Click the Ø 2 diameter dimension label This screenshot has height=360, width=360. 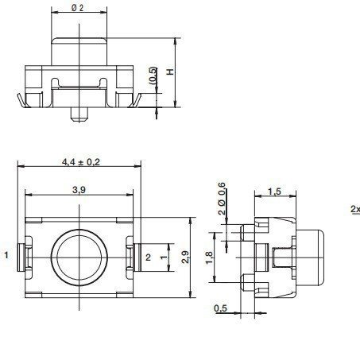click(x=79, y=8)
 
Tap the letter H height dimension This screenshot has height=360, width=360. click(x=169, y=72)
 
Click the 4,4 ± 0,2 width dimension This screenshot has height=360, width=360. click(x=79, y=161)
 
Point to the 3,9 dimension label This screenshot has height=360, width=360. click(x=79, y=191)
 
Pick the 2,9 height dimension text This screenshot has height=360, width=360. click(x=185, y=257)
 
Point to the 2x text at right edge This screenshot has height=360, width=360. click(x=354, y=210)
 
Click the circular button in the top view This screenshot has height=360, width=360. click(x=79, y=257)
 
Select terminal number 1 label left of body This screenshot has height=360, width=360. click(x=6, y=256)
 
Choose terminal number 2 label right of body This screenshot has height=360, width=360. click(x=147, y=256)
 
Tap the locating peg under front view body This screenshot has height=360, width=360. click(x=79, y=114)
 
